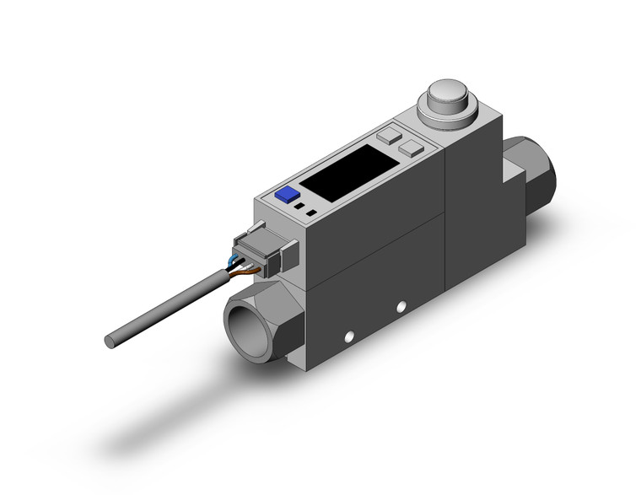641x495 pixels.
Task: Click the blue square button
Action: (288, 194)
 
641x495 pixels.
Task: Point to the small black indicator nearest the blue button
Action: (299, 205)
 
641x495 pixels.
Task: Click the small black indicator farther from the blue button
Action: (311, 213)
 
